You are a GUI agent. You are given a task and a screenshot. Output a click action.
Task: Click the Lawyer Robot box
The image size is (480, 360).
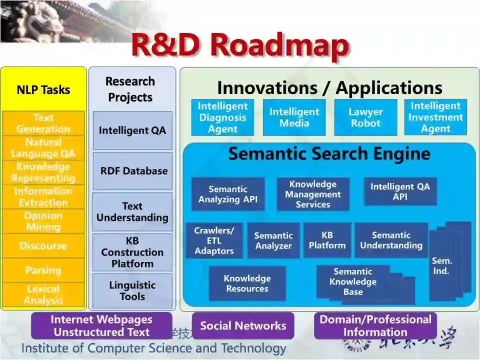click(x=365, y=117)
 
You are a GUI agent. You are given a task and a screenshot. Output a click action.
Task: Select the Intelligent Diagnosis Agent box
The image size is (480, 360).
click(x=222, y=117)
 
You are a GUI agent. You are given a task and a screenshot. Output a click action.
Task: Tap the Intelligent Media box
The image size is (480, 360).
click(x=294, y=117)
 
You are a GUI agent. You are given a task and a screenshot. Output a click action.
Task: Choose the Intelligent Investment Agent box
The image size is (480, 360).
click(x=435, y=117)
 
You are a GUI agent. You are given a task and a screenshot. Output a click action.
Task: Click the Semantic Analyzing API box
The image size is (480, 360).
click(x=228, y=194)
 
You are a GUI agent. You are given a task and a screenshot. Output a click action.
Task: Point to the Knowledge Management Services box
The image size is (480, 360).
click(x=313, y=194)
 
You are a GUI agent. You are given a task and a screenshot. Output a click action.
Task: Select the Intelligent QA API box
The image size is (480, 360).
click(x=400, y=191)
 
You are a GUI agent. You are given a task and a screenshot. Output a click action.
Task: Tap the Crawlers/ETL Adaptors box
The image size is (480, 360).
click(x=214, y=240)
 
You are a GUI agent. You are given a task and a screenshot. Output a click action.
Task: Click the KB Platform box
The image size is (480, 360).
click(x=327, y=240)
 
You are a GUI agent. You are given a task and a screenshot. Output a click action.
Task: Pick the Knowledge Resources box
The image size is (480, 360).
click(x=247, y=283)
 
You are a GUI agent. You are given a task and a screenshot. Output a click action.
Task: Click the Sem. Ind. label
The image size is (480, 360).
click(x=441, y=266)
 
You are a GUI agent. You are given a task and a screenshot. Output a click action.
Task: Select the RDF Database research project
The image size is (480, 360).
click(x=133, y=171)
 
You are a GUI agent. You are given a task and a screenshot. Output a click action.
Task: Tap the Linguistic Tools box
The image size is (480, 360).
click(x=132, y=291)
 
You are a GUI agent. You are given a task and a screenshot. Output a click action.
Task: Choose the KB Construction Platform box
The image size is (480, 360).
click(x=132, y=252)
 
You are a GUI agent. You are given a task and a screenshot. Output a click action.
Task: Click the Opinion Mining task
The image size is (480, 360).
click(x=43, y=221)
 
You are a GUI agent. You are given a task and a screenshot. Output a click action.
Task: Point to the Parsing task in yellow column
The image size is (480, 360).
click(x=43, y=270)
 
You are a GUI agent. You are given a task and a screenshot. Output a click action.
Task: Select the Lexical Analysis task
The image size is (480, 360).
click(x=43, y=294)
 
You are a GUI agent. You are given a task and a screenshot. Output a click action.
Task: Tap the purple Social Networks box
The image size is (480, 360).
click(x=243, y=326)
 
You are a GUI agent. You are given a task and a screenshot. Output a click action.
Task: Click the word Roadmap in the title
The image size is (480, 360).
click(x=279, y=45)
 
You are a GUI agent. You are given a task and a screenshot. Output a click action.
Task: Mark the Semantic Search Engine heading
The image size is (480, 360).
click(x=329, y=154)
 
